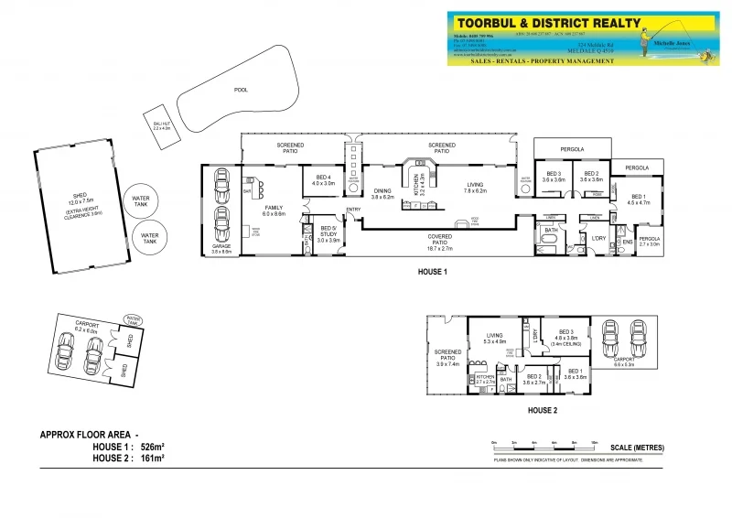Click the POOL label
click(241, 91)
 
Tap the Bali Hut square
click(163, 125)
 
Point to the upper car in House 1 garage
click(221, 187)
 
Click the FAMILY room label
click(274, 210)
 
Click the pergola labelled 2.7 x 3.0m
click(648, 242)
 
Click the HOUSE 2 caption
click(542, 410)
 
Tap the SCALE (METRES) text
click(637, 448)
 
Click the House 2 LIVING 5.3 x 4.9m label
click(495, 340)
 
